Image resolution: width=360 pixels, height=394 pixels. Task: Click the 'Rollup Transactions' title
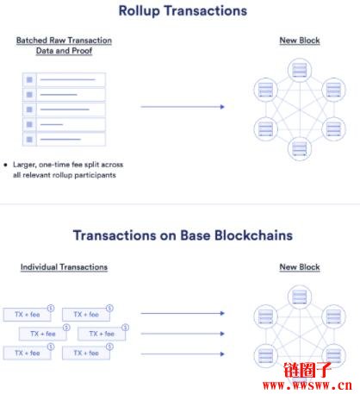tap(183, 11)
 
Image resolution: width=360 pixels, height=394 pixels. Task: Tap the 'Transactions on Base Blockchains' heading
tap(183, 235)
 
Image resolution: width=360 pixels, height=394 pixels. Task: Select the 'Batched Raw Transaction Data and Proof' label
tap(64, 46)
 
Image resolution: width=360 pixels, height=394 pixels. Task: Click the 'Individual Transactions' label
tap(64, 267)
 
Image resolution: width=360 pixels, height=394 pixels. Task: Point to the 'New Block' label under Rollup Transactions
tap(300, 41)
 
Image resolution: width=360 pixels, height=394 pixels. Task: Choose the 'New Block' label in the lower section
tap(300, 267)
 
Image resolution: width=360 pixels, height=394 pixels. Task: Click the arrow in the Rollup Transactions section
tap(183, 107)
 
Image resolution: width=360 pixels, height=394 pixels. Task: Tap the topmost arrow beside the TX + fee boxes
tap(183, 313)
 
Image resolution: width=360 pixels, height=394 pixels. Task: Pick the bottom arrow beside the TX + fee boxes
tap(183, 353)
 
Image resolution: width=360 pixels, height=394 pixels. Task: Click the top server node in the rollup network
tap(300, 70)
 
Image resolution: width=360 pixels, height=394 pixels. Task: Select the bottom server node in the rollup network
tap(300, 148)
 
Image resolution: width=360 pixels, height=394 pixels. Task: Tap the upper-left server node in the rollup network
tap(266, 90)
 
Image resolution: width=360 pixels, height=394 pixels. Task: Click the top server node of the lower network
tap(300, 297)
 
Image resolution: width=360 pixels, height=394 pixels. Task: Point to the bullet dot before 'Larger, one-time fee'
tap(5, 165)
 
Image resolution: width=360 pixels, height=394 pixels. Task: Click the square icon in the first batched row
tap(29, 79)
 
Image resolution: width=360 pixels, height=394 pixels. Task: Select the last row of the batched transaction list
tap(64, 140)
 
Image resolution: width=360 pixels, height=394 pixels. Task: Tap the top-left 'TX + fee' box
tap(28, 315)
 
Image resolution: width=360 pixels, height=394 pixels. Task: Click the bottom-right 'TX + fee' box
tap(86, 353)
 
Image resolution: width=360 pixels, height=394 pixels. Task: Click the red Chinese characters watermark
tap(307, 370)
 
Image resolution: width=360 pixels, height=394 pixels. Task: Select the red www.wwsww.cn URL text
tap(307, 385)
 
